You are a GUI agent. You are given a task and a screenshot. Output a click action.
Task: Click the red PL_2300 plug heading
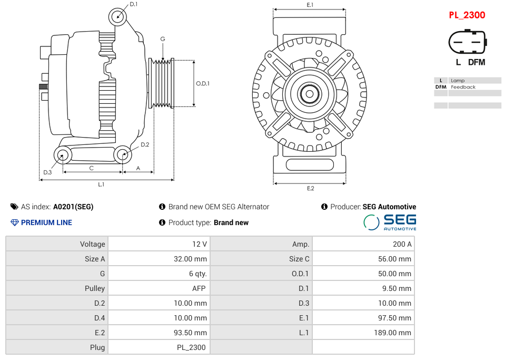(467, 15)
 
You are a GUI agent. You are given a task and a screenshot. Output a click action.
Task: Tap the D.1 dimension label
(133, 4)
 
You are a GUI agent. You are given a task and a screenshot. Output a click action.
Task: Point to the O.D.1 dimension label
(203, 83)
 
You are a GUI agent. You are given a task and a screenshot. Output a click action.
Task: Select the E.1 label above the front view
(310, 5)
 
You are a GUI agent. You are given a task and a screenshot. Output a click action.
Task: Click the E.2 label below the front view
(310, 188)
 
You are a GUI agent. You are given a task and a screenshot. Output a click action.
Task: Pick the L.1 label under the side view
(101, 184)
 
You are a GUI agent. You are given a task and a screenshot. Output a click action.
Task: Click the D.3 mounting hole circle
(63, 155)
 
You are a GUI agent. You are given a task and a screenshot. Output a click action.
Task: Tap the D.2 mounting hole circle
(123, 154)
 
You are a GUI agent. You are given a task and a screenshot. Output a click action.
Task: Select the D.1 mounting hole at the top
(118, 17)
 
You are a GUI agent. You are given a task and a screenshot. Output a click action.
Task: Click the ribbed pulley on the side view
(162, 83)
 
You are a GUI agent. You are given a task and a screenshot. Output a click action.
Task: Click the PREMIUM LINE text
(46, 222)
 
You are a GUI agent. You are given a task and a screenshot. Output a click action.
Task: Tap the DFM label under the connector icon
(476, 62)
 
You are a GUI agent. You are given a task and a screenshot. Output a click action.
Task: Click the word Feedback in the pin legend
(463, 87)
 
